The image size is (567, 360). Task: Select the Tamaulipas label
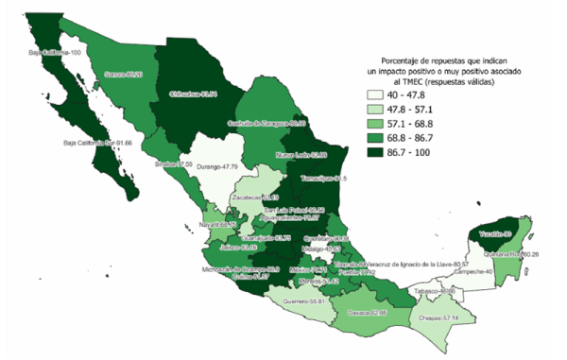click(x=324, y=178)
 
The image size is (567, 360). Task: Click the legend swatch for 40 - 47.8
click(x=379, y=95)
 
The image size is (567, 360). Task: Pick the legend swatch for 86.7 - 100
click(x=379, y=150)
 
